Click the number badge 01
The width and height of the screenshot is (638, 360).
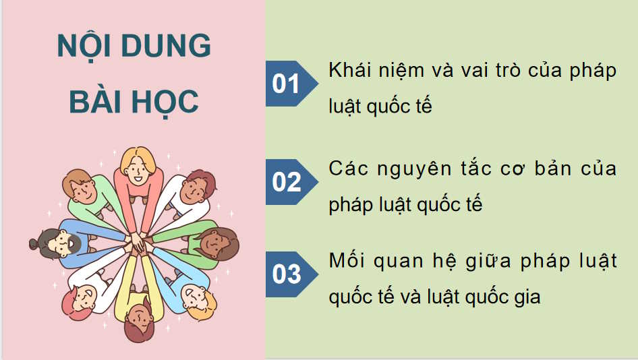tap(286, 84)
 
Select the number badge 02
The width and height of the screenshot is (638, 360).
tap(286, 182)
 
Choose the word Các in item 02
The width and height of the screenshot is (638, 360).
tap(346, 169)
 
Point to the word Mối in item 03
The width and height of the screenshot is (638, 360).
tap(347, 261)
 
